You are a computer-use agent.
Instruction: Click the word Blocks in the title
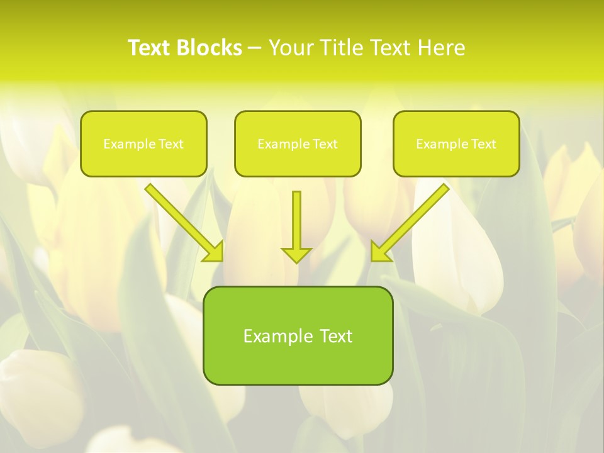click(x=210, y=48)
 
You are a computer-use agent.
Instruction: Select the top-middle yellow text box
click(x=298, y=161)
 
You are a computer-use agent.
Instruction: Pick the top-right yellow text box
click(x=456, y=161)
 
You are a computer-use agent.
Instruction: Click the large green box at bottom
click(x=298, y=362)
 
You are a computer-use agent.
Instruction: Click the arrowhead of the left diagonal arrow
click(x=214, y=251)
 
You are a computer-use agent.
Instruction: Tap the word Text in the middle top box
click(x=325, y=144)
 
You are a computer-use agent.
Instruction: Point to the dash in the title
click(x=255, y=48)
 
